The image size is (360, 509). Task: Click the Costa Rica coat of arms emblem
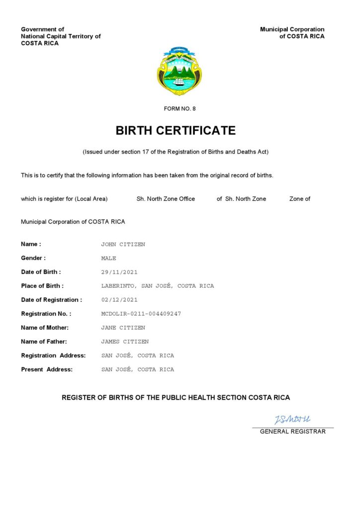(x=180, y=71)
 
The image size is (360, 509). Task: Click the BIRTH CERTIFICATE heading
(x=176, y=131)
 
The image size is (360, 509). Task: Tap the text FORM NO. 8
(x=180, y=108)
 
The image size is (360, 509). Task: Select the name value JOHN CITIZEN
(x=123, y=245)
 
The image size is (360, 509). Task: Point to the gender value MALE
(x=108, y=258)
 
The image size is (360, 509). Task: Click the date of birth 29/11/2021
(x=119, y=272)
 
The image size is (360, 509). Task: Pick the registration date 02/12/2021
(x=119, y=300)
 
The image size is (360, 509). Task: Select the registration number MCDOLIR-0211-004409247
(x=141, y=314)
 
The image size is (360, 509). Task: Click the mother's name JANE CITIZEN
(x=123, y=328)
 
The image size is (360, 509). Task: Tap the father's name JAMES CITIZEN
(x=125, y=342)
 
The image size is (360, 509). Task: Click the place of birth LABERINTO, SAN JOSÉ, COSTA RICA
(x=157, y=286)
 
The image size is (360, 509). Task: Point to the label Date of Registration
(x=51, y=300)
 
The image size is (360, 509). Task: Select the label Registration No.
(x=46, y=314)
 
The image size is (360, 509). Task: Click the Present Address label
(x=47, y=369)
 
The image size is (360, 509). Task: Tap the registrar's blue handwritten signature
(x=292, y=420)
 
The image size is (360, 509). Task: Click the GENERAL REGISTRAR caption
(x=293, y=431)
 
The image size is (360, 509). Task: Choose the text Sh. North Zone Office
(x=166, y=199)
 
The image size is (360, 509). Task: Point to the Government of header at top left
(x=42, y=29)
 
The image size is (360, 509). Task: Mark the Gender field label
(x=33, y=258)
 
